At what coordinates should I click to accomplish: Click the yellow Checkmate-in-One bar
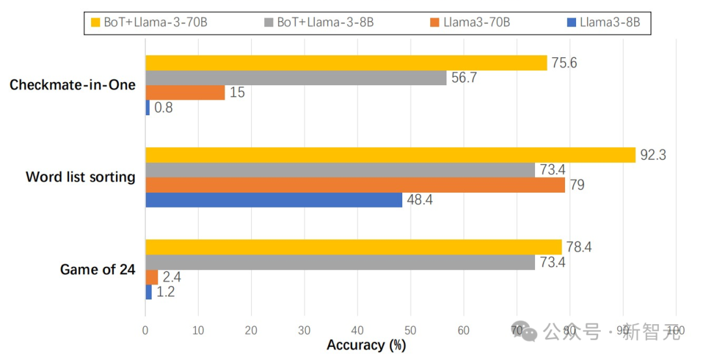346,62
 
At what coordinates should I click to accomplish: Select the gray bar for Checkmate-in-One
296,77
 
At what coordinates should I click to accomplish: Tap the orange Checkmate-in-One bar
185,92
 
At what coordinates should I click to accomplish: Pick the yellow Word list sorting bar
390,155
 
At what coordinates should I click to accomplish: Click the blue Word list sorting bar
273,200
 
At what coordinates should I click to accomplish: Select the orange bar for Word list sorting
355,185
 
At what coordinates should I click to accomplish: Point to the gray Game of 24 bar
340,262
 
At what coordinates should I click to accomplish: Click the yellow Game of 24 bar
353,247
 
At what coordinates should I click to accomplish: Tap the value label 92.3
653,155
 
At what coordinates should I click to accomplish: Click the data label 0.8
163,108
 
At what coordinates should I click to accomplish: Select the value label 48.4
420,200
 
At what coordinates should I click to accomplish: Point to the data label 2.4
172,277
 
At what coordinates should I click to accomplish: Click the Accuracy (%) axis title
366,345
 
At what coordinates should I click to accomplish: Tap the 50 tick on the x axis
410,331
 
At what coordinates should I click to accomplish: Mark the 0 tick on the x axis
145,331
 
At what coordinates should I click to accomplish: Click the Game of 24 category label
98,270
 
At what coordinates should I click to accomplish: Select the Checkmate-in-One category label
72,85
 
